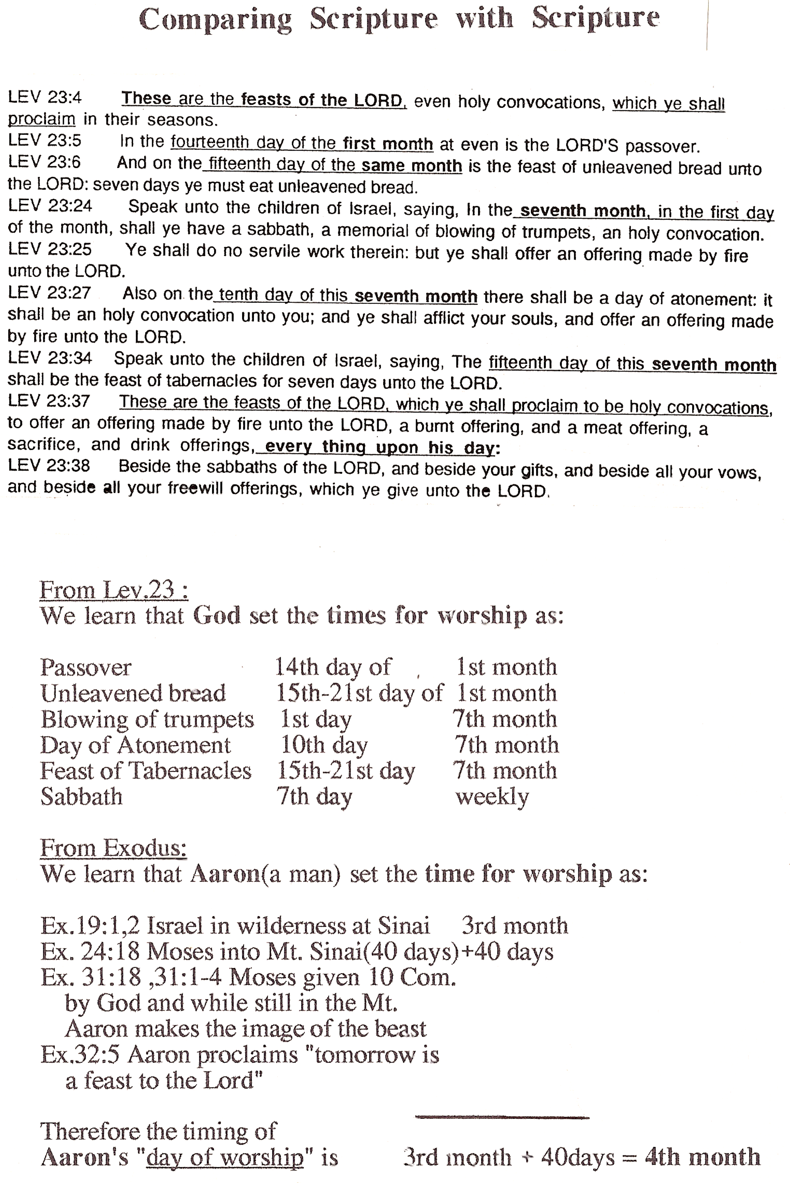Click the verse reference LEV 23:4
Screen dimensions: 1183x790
[x=45, y=97]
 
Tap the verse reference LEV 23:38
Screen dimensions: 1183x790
[x=49, y=465]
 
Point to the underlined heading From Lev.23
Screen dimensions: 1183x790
[x=114, y=589]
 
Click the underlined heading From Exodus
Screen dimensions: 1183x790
[x=113, y=848]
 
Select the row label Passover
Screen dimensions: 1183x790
[x=86, y=668]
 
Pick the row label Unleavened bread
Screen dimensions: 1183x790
[x=133, y=693]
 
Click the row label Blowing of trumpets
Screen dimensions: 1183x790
[x=147, y=719]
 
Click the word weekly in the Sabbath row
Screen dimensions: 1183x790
[x=492, y=797]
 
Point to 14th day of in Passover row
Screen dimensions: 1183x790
[x=333, y=668]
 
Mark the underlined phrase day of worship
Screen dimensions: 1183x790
[x=225, y=1158]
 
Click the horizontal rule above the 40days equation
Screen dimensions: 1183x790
[x=502, y=1117]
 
